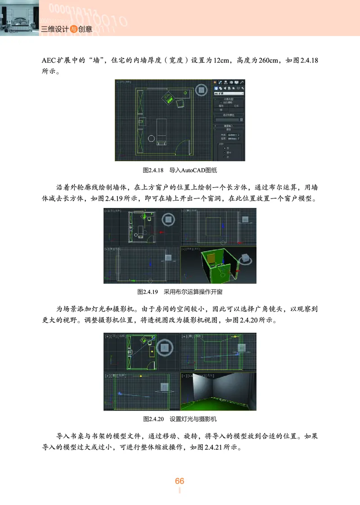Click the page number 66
(x=180, y=481)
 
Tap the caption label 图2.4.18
(x=152, y=171)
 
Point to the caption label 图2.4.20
(x=153, y=419)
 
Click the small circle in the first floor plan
(x=151, y=138)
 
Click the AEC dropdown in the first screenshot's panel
(x=229, y=94)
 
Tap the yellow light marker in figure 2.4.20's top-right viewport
(x=234, y=336)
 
